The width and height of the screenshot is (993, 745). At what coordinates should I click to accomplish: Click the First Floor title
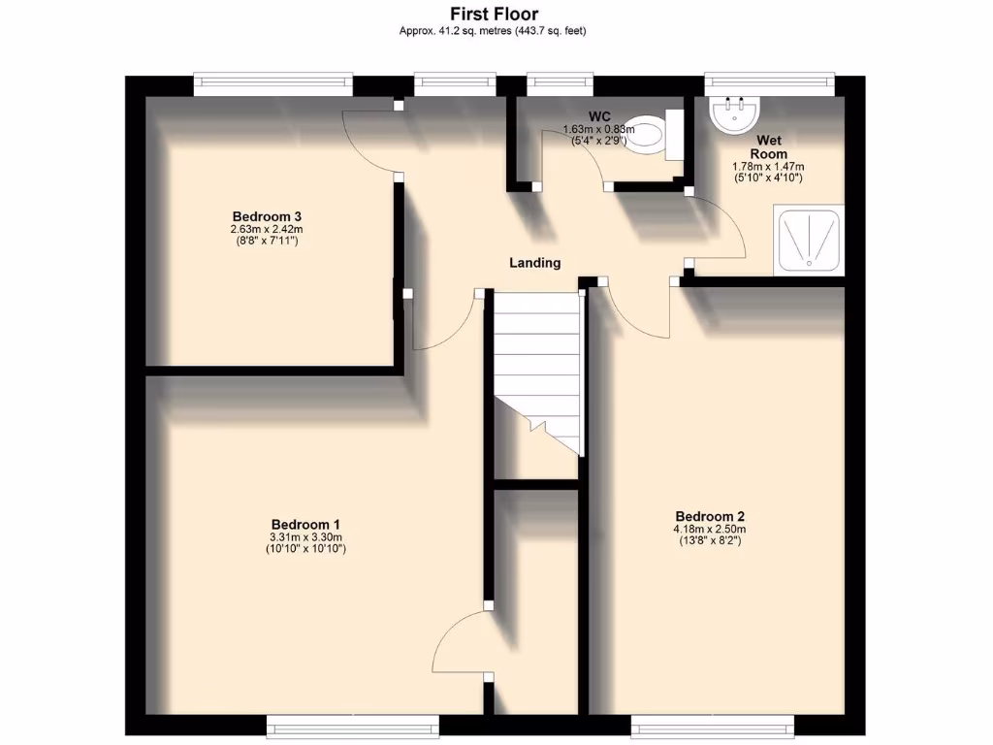(x=494, y=14)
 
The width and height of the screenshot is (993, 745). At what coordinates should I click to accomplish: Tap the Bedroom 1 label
(x=305, y=522)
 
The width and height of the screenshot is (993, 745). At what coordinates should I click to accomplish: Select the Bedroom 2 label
(x=710, y=516)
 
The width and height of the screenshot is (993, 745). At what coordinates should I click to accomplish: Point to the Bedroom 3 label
(x=264, y=215)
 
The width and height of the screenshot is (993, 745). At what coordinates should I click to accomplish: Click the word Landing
(x=535, y=263)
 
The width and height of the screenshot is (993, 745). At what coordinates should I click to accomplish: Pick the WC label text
(x=598, y=117)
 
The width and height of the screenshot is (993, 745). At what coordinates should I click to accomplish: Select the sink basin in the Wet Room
(x=734, y=114)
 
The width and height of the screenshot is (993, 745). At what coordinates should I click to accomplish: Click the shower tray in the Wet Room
(x=807, y=239)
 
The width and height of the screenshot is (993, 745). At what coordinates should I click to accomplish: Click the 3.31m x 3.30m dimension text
(x=305, y=536)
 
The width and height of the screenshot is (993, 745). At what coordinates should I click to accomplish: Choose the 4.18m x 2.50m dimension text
(x=710, y=530)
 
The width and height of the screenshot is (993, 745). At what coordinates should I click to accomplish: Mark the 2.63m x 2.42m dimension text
(x=264, y=229)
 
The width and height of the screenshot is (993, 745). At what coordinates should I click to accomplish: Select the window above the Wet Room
(x=769, y=83)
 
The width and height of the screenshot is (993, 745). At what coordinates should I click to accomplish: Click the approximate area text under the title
(x=494, y=31)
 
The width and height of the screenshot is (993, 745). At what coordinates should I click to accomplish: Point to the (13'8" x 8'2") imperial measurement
(x=710, y=541)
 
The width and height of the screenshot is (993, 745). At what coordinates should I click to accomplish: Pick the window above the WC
(x=561, y=83)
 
